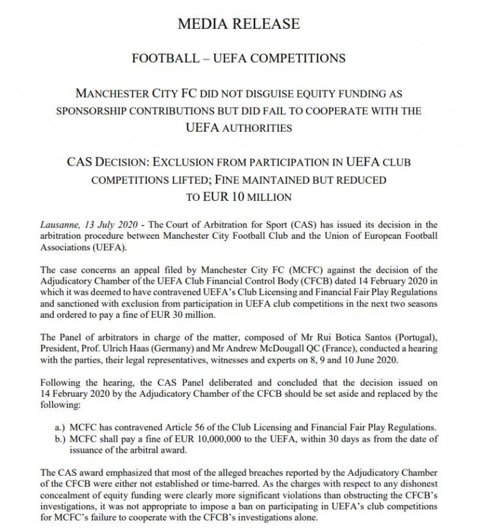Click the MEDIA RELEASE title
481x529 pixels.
239,24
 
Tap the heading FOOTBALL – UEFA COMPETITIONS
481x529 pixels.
239,58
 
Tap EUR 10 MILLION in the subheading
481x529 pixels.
239,197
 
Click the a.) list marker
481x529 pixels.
63,427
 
